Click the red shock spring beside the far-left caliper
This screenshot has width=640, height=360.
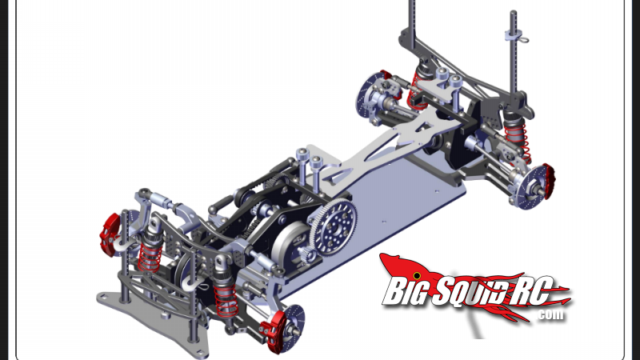146,255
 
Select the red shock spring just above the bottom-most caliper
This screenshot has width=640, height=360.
225,298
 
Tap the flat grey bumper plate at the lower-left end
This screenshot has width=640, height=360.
120,302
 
